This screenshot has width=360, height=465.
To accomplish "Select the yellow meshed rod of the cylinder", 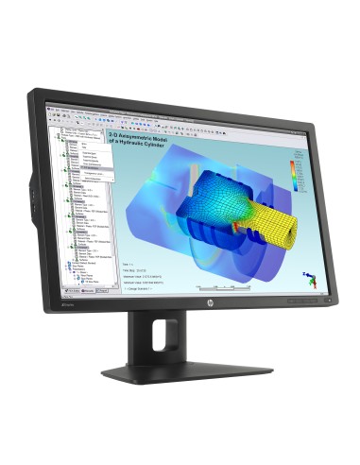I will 242,199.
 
